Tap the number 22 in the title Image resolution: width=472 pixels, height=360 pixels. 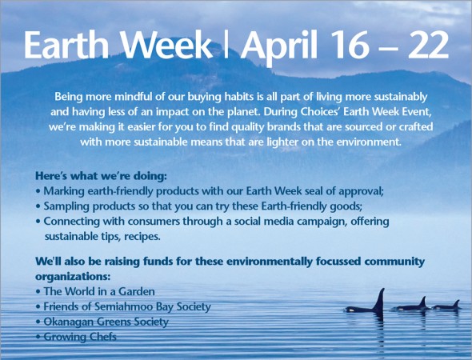click(428, 45)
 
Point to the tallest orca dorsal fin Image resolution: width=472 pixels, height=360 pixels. click(379, 300)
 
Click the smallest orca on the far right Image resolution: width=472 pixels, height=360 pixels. click(446, 306)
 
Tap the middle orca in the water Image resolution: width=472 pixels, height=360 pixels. click(411, 304)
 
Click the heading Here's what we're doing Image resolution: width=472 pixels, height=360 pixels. click(101, 176)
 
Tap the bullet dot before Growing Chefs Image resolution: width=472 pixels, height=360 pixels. click(38, 337)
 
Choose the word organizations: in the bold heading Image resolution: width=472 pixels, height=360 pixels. click(73, 277)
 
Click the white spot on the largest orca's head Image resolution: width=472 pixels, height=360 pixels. click(350, 309)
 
